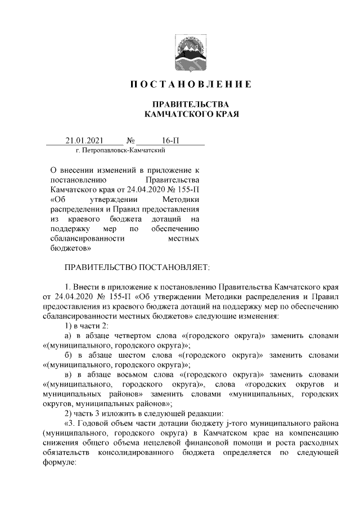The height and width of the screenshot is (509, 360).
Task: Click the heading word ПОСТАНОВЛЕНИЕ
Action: coord(191,85)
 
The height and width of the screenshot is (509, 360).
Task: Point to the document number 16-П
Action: coord(169,140)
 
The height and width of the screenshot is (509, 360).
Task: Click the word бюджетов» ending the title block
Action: coord(70,248)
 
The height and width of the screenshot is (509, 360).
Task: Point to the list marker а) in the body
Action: coord(69,336)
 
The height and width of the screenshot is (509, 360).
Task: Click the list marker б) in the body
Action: coord(69,355)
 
